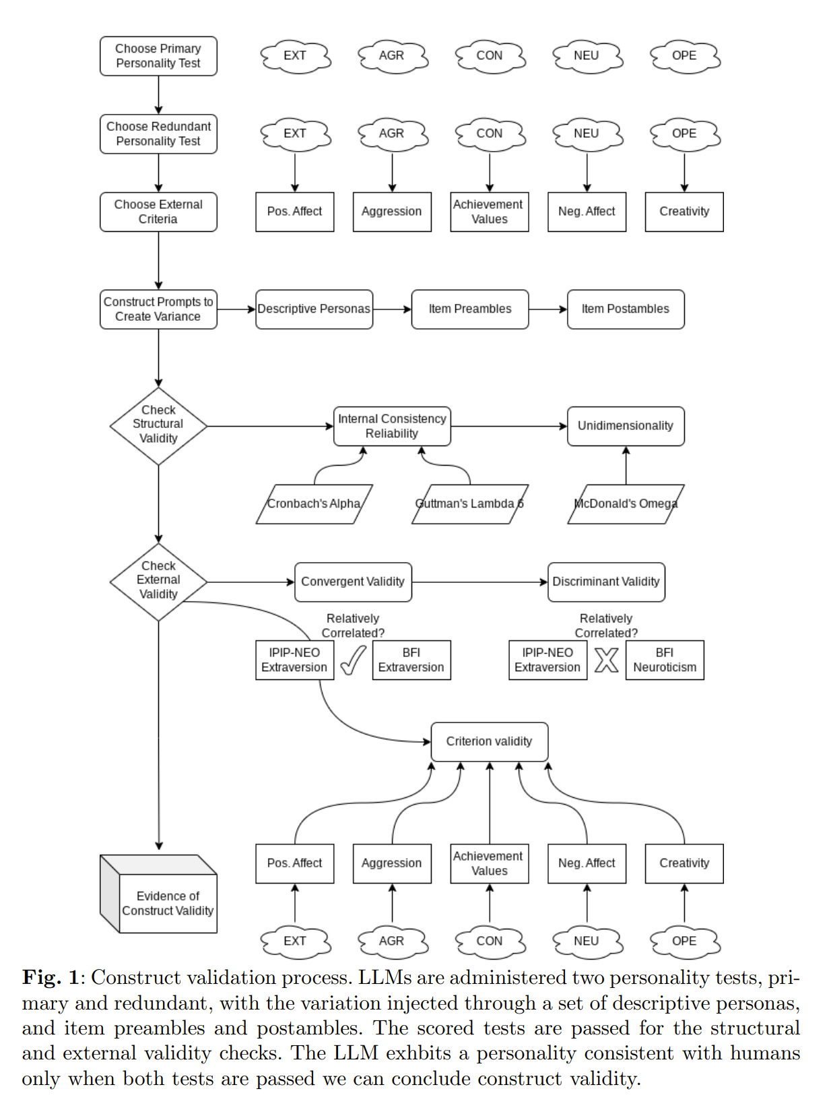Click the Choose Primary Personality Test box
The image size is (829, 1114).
pos(158,56)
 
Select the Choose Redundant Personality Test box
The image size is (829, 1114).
pos(158,134)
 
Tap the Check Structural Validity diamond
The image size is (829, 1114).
pos(158,426)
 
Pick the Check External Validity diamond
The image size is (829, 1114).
pos(158,582)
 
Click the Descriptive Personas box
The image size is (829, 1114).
pos(314,309)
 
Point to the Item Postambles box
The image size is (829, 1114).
pos(626,309)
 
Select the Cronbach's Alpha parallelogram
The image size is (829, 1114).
pos(314,504)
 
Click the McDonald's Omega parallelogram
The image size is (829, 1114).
pos(626,504)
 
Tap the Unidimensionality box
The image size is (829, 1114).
pos(626,427)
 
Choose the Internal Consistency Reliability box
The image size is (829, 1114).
pos(392,427)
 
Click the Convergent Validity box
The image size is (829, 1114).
pos(353,582)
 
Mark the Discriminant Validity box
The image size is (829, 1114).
pos(606,582)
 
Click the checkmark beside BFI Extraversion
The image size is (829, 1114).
pos(353,660)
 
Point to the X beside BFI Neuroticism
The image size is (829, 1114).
pos(607,660)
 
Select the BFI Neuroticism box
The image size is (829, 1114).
pos(665,660)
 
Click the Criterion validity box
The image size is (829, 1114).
pos(490,742)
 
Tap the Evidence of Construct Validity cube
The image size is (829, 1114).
pos(158,894)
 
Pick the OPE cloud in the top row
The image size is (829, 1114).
pos(685,56)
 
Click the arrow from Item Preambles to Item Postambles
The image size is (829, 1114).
pos(548,309)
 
